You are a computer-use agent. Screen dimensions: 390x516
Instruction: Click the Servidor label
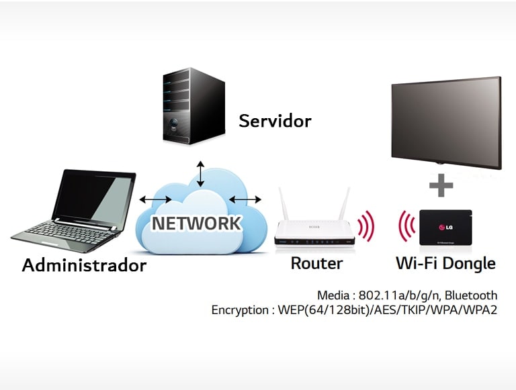[x=275, y=121]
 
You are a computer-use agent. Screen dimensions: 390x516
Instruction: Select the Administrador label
[x=84, y=265]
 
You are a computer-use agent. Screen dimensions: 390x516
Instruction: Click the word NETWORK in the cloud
[x=196, y=223]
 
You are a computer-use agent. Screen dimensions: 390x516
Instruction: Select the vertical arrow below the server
[x=199, y=174]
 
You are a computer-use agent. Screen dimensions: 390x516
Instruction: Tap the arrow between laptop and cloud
[x=155, y=199]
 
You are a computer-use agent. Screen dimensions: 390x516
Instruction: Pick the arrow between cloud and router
[x=245, y=199]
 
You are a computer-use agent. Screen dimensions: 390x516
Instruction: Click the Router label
[x=316, y=263]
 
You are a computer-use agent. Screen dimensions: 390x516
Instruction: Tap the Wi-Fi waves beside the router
[x=365, y=227]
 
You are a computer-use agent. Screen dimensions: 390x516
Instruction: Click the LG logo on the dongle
[x=447, y=224]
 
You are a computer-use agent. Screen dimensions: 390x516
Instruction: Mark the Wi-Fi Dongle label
[x=445, y=263]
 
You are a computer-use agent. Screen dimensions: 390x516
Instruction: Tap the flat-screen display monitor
[x=446, y=121]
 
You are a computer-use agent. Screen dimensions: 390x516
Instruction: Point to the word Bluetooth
[x=470, y=295]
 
